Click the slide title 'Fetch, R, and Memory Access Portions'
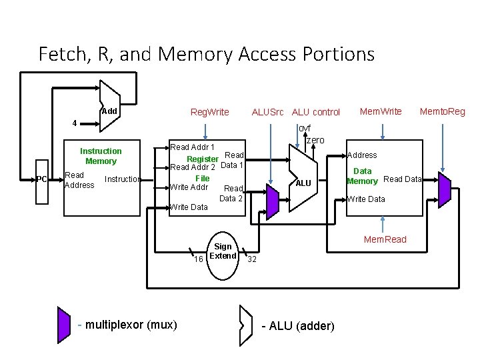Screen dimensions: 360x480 click(x=207, y=53)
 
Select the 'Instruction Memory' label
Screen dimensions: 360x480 click(x=101, y=156)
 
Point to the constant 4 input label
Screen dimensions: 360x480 click(x=75, y=123)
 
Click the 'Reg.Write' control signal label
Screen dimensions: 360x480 click(x=210, y=111)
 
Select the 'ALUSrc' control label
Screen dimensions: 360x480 click(x=268, y=111)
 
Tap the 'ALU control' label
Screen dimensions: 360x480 click(x=316, y=111)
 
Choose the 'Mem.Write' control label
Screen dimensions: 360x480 click(x=381, y=111)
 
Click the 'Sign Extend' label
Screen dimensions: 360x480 click(x=223, y=251)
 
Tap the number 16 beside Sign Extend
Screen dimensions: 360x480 click(x=199, y=259)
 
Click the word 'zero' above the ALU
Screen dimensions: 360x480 click(x=315, y=140)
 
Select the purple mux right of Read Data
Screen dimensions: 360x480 click(x=445, y=187)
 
